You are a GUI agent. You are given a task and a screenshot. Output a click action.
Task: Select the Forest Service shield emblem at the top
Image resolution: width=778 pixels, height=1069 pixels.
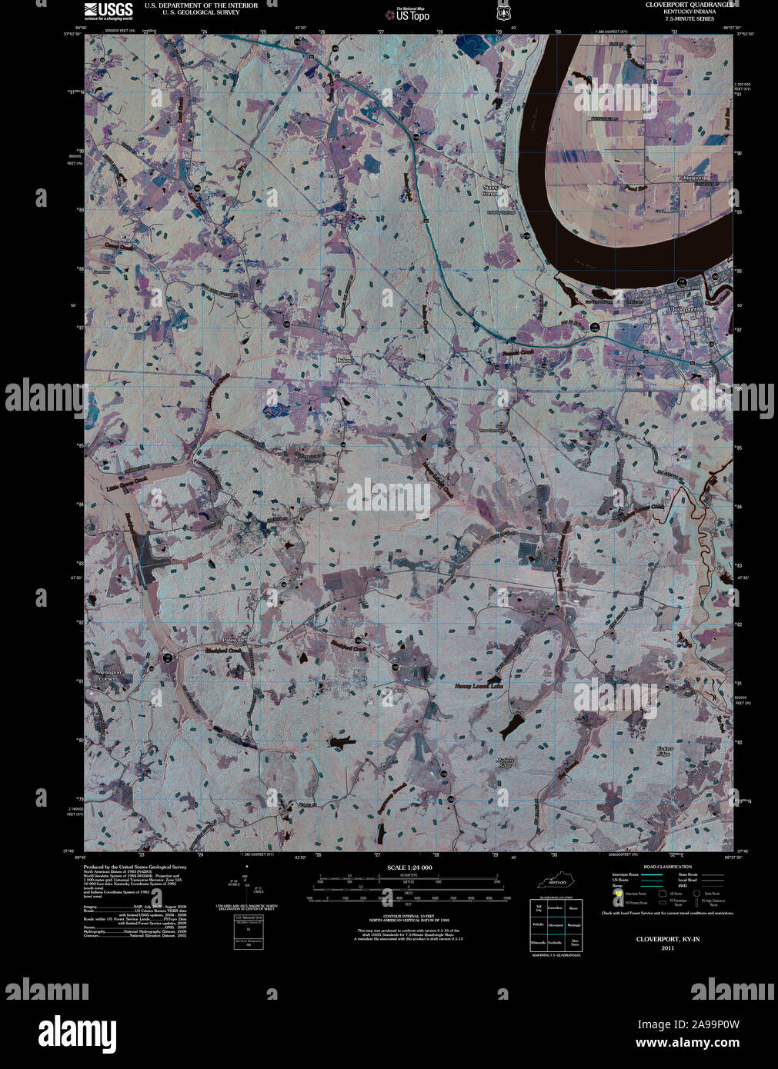click(x=503, y=12)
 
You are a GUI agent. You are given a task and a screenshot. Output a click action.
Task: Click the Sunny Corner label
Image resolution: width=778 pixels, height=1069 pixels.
click(x=490, y=190)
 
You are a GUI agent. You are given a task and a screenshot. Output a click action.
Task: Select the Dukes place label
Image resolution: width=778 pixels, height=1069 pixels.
click(x=344, y=360)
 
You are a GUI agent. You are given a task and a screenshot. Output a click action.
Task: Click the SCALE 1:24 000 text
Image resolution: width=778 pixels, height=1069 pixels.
click(x=409, y=867)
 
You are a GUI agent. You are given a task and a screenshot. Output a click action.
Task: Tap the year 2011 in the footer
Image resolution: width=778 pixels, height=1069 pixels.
click(x=666, y=947)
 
